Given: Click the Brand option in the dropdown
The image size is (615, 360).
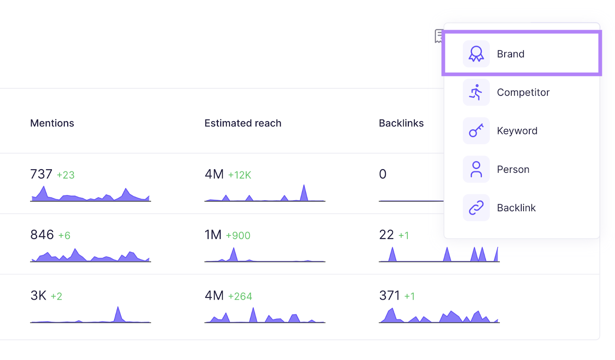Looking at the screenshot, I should [x=510, y=54].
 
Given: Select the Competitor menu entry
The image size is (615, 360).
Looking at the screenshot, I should [x=523, y=92].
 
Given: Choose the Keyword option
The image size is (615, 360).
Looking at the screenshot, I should [x=517, y=131].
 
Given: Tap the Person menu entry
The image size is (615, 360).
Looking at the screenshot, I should [x=513, y=169].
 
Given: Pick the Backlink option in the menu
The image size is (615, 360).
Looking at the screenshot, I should [x=516, y=208].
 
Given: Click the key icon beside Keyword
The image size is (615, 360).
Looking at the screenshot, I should [x=476, y=131].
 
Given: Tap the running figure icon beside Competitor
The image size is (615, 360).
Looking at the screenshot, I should [x=476, y=92].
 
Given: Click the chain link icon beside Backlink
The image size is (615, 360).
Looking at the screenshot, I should [x=476, y=208].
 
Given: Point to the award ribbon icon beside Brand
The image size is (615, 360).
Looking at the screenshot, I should [x=476, y=54].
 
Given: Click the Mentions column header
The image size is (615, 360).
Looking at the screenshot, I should [x=52, y=123].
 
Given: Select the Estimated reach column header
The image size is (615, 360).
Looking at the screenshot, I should [x=243, y=123].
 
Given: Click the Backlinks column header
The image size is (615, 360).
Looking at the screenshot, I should [x=401, y=123].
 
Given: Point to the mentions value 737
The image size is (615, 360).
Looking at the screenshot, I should [x=41, y=174].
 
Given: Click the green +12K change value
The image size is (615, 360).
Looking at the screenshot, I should [x=239, y=175].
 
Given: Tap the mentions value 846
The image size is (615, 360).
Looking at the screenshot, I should [x=42, y=235].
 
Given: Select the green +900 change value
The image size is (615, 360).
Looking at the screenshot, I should [x=238, y=235].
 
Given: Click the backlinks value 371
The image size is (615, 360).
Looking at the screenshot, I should [x=389, y=295].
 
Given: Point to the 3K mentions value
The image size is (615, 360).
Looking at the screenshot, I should [x=38, y=295].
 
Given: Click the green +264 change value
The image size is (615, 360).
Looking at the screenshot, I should [x=240, y=296].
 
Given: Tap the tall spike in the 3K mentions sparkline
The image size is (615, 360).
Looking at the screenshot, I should [x=118, y=313].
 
